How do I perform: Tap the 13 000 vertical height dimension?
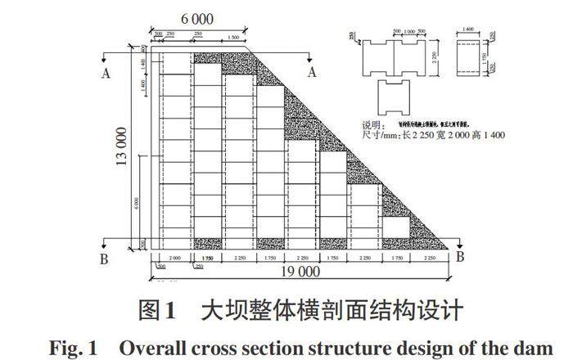pos(124,147)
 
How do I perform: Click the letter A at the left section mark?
pos(105,72)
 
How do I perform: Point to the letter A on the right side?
pos(312,72)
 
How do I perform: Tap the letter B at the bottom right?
pos(460,257)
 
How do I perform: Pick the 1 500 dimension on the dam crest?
pos(233,38)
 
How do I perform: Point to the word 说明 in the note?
pos(373,126)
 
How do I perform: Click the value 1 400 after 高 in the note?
pos(488,135)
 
